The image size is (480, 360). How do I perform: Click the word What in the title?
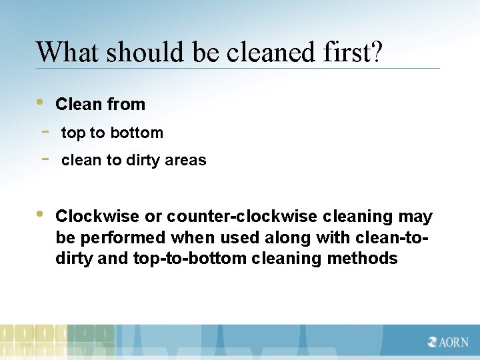pos(66,51)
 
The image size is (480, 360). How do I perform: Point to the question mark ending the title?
pos(377,51)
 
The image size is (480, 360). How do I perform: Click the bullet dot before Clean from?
pos(40,103)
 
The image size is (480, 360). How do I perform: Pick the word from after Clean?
pos(127,105)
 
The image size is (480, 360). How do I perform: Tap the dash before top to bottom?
pos(45,131)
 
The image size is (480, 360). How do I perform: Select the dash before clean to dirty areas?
pos(45,159)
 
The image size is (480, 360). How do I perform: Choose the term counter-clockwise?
pos(243,217)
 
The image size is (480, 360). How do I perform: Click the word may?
pos(415,217)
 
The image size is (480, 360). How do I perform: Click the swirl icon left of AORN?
pos(433,342)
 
